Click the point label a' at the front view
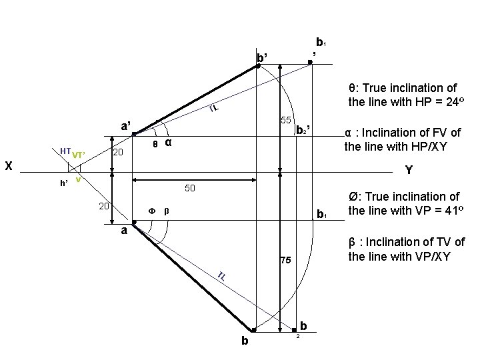click(126, 126)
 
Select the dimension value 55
click(286, 121)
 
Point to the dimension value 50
click(189, 189)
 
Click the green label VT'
click(78, 155)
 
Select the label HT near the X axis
click(65, 152)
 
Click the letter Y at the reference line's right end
click(409, 171)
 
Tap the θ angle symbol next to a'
click(155, 143)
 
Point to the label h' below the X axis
click(64, 183)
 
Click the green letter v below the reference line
click(78, 179)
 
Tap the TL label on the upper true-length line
click(213, 109)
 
